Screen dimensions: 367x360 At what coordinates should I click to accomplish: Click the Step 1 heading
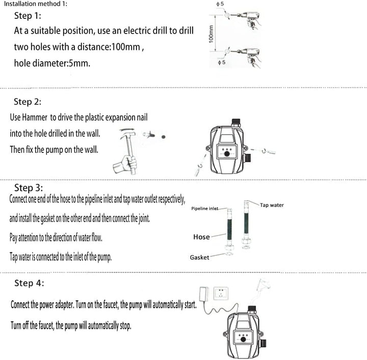(28, 16)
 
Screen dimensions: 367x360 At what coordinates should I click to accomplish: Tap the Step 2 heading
(28, 101)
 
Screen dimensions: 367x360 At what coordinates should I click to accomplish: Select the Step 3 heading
(29, 188)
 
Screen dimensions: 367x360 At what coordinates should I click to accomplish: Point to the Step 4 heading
(29, 283)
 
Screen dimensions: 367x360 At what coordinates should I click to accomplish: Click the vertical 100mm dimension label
(211, 34)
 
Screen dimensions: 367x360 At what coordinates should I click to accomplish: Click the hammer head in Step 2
(127, 134)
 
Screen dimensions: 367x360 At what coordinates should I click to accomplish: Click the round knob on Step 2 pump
(227, 154)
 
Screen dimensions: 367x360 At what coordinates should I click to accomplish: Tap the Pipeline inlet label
(204, 209)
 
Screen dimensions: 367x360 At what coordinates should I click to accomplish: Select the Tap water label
(272, 205)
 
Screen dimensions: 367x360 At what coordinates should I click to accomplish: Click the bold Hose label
(201, 237)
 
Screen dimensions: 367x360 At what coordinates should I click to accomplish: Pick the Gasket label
(199, 258)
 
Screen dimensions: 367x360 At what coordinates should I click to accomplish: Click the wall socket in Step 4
(221, 294)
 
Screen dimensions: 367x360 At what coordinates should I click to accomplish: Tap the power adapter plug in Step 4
(203, 294)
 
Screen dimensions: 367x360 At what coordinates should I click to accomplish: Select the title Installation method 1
(36, 4)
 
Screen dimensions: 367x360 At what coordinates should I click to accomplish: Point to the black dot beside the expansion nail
(164, 137)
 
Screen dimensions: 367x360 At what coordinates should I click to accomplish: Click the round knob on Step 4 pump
(244, 339)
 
